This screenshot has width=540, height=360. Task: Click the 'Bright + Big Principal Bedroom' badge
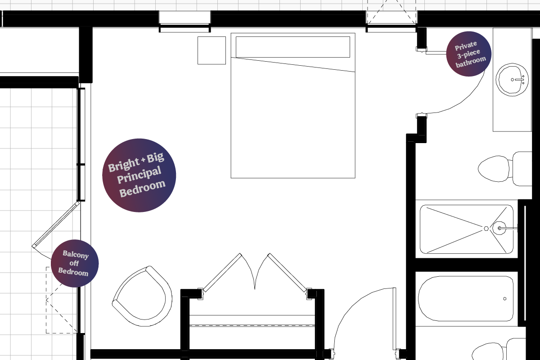[x=139, y=175]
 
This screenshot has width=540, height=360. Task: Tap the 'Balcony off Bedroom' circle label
[x=75, y=263]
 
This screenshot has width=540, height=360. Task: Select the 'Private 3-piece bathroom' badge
[x=468, y=54]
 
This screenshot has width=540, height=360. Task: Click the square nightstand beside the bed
[x=211, y=50]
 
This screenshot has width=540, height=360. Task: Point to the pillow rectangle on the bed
[x=292, y=47]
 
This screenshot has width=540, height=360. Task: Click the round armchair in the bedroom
[x=143, y=297]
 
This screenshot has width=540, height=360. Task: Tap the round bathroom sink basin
[x=512, y=80]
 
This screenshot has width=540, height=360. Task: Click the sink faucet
[x=519, y=80]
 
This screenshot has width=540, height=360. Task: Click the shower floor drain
[x=486, y=228]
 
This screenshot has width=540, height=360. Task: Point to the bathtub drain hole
[x=505, y=299]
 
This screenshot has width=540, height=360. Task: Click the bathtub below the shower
[x=466, y=298]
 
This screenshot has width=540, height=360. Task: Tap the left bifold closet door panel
[x=222, y=272]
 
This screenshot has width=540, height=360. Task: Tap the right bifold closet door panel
[x=287, y=272]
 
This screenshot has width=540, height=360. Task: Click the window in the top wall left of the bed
[x=184, y=21]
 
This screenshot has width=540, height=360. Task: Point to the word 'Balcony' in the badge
[x=76, y=254]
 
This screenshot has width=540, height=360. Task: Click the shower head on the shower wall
[x=499, y=228]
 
